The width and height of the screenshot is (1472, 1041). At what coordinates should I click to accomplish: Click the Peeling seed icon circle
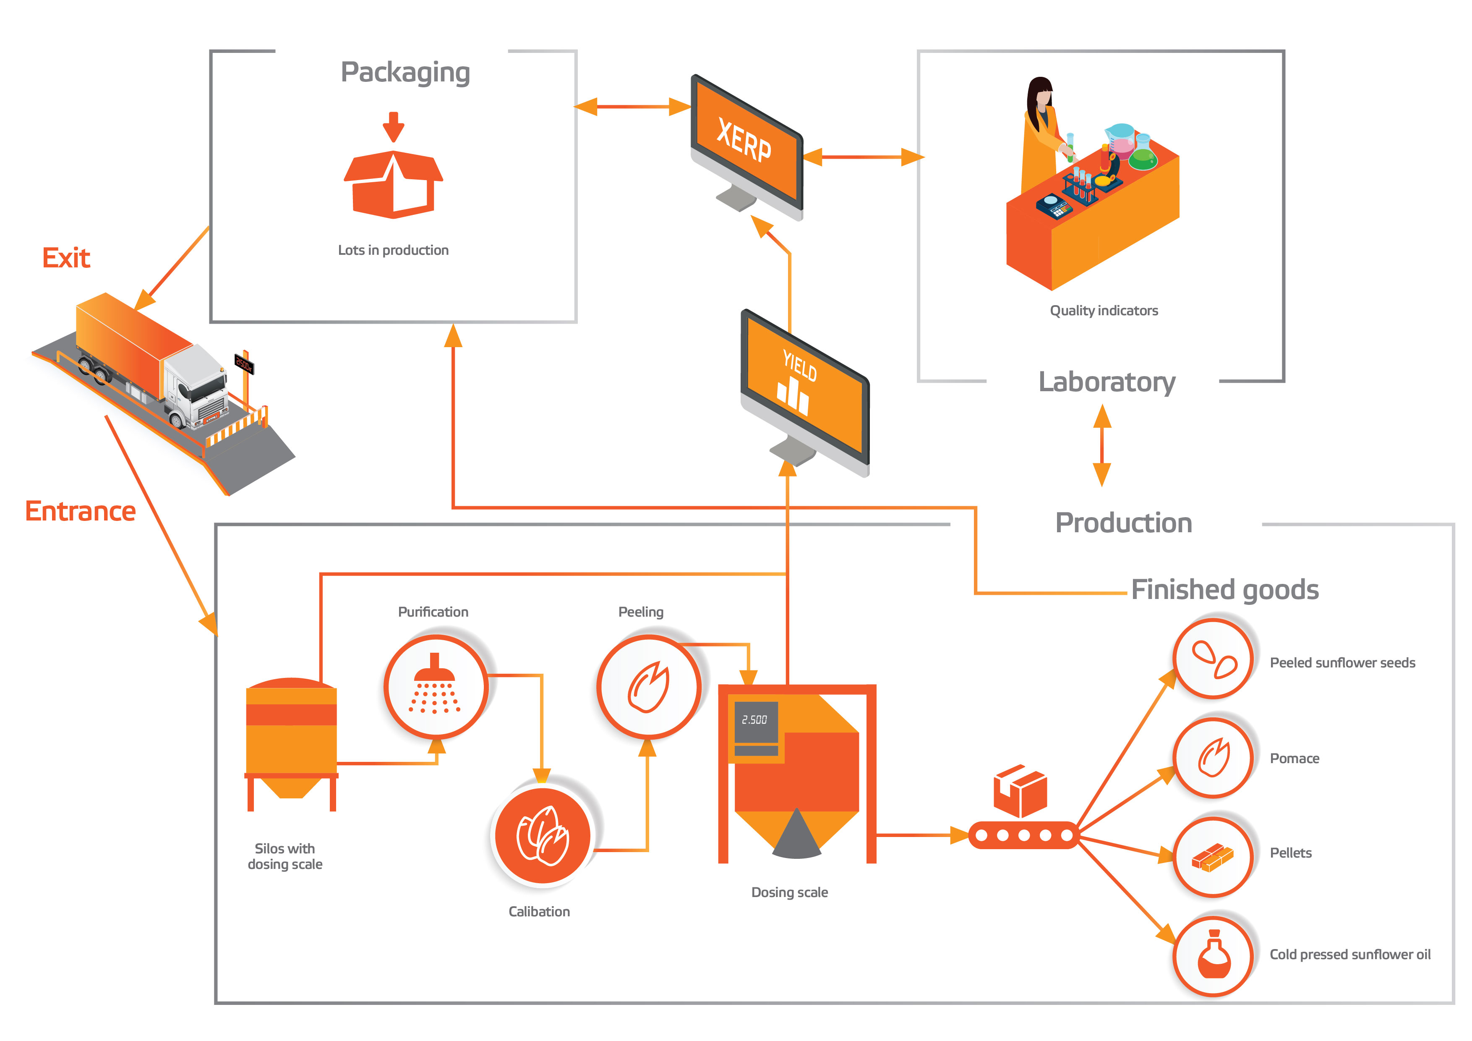(648, 687)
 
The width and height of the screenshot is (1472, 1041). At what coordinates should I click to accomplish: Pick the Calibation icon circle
(543, 835)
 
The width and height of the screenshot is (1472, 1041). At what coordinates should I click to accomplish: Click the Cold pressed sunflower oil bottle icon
(1213, 956)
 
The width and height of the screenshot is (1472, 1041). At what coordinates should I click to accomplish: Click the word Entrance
(80, 512)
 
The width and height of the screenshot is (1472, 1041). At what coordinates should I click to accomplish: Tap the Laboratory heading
(1107, 382)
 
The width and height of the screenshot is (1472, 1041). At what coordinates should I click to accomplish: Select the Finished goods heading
(1224, 589)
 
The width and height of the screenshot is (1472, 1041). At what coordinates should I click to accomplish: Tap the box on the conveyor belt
(1020, 790)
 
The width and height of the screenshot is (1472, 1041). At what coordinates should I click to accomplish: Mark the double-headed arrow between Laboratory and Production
(1102, 445)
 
